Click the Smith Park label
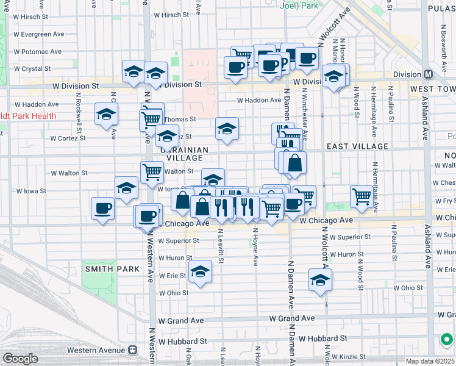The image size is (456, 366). point(104,268)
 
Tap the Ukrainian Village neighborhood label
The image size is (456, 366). point(185,154)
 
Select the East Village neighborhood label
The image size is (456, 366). point(357,146)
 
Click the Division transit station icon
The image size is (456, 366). point(429,74)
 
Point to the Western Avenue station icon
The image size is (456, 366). point(132,350)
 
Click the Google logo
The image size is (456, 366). point(20,359)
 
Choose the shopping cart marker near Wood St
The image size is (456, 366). point(362,196)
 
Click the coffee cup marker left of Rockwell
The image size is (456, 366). point(102,208)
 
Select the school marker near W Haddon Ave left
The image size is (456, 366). point(107,114)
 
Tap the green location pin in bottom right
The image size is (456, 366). point(447,339)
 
